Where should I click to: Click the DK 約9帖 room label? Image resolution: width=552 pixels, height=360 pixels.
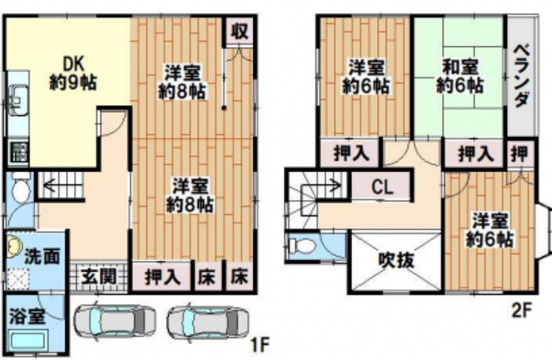click(73, 74)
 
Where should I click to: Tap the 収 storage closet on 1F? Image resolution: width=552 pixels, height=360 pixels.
click(240, 31)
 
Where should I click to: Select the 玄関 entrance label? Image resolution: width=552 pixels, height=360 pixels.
click(99, 277)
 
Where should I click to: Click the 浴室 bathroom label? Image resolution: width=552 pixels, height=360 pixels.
click(28, 316)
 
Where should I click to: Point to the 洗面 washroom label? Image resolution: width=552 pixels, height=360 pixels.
click(42, 256)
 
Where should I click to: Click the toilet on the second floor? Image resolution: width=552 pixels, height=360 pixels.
click(301, 245)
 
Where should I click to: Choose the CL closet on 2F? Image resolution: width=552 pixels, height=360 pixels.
click(382, 187)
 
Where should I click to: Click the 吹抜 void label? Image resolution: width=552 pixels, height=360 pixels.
click(396, 261)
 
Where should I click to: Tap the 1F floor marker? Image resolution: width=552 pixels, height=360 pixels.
click(260, 345)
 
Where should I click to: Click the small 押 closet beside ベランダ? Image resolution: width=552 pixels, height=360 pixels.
click(521, 153)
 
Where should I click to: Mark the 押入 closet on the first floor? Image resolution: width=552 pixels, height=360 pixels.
click(163, 277)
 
